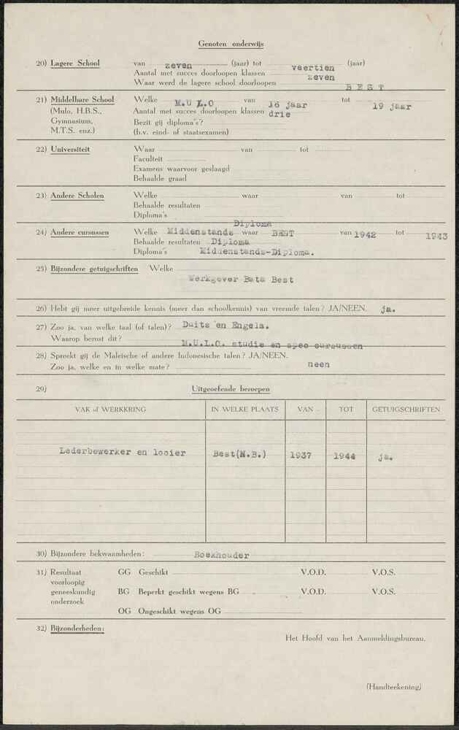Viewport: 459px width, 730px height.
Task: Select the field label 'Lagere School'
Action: tap(75, 64)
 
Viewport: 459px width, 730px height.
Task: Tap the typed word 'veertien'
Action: tap(312, 67)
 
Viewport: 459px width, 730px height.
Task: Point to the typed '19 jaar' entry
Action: tap(392, 106)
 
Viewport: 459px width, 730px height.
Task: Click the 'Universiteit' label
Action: tap(70, 150)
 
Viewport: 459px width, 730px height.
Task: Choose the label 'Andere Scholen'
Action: tap(77, 196)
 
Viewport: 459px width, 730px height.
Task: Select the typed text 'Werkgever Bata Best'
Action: tap(241, 280)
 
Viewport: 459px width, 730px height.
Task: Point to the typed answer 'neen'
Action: tap(318, 364)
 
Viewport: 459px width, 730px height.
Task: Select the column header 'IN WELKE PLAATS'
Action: tap(244, 410)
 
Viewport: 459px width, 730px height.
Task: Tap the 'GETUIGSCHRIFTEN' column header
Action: tap(406, 410)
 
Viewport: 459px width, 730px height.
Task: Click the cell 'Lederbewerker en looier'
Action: tap(122, 453)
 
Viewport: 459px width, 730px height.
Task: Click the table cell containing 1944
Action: tap(345, 456)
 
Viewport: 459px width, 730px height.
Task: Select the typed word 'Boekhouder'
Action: tap(221, 555)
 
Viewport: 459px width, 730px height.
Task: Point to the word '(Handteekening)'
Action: tap(393, 686)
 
